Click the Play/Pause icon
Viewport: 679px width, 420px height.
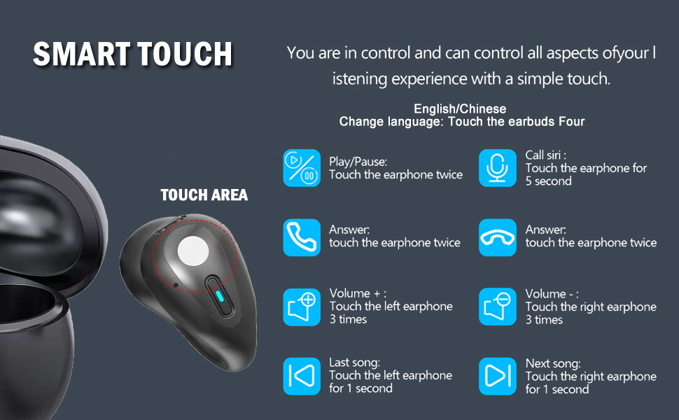pyautogui.click(x=302, y=168)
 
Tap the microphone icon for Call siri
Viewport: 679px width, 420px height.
pyautogui.click(x=498, y=168)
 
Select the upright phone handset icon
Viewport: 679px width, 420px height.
pyautogui.click(x=302, y=237)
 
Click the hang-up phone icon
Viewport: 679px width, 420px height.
pyautogui.click(x=498, y=237)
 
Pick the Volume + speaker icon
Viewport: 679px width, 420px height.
pyautogui.click(x=302, y=307)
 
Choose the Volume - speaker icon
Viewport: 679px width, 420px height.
pyautogui.click(x=498, y=307)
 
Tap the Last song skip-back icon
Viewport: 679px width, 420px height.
pyautogui.click(x=302, y=376)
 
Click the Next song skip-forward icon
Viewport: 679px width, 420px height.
pyautogui.click(x=498, y=376)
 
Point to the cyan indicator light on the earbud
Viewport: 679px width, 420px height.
pyautogui.click(x=220, y=295)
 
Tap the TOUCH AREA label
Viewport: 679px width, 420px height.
pyautogui.click(x=204, y=195)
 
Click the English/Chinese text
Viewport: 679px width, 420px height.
pyautogui.click(x=460, y=109)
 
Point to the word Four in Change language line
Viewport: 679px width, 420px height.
pyautogui.click(x=570, y=122)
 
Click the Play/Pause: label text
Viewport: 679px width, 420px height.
pyautogui.click(x=358, y=162)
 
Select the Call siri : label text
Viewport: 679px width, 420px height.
pyautogui.click(x=545, y=155)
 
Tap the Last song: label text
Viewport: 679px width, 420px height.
pyautogui.click(x=354, y=363)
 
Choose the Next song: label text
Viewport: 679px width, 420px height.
pyautogui.click(x=553, y=363)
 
